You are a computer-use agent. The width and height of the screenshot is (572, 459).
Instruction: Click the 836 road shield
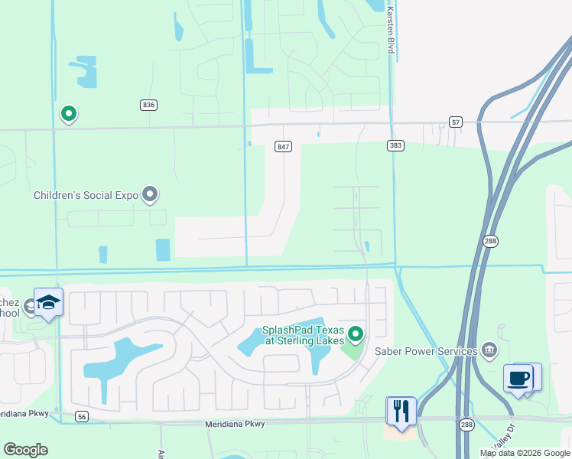[148, 105]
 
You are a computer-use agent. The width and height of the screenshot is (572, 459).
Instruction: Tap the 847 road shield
[283, 146]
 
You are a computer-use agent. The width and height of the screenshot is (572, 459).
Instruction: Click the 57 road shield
[456, 122]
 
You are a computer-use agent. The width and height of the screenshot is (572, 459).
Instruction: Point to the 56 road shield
[83, 417]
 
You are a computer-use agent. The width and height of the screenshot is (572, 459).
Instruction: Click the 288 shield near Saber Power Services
[490, 241]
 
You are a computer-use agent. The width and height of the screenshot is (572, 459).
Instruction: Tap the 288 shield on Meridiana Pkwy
[467, 425]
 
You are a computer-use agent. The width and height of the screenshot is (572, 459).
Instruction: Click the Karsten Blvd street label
[391, 31]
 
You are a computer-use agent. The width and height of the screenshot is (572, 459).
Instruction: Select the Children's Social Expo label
[86, 195]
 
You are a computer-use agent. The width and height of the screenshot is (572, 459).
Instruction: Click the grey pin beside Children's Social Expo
[150, 194]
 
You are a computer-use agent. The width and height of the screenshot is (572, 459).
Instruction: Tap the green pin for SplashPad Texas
[355, 334]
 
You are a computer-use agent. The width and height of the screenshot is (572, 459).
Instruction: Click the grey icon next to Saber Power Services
[489, 351]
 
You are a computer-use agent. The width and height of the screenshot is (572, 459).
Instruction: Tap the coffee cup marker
[518, 378]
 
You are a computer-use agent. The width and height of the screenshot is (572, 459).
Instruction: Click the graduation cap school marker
[48, 303]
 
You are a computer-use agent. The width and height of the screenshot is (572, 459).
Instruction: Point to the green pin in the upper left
[68, 114]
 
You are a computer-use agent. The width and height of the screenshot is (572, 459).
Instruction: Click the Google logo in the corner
[25, 450]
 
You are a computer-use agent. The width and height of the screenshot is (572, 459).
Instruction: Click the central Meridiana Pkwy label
[240, 424]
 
